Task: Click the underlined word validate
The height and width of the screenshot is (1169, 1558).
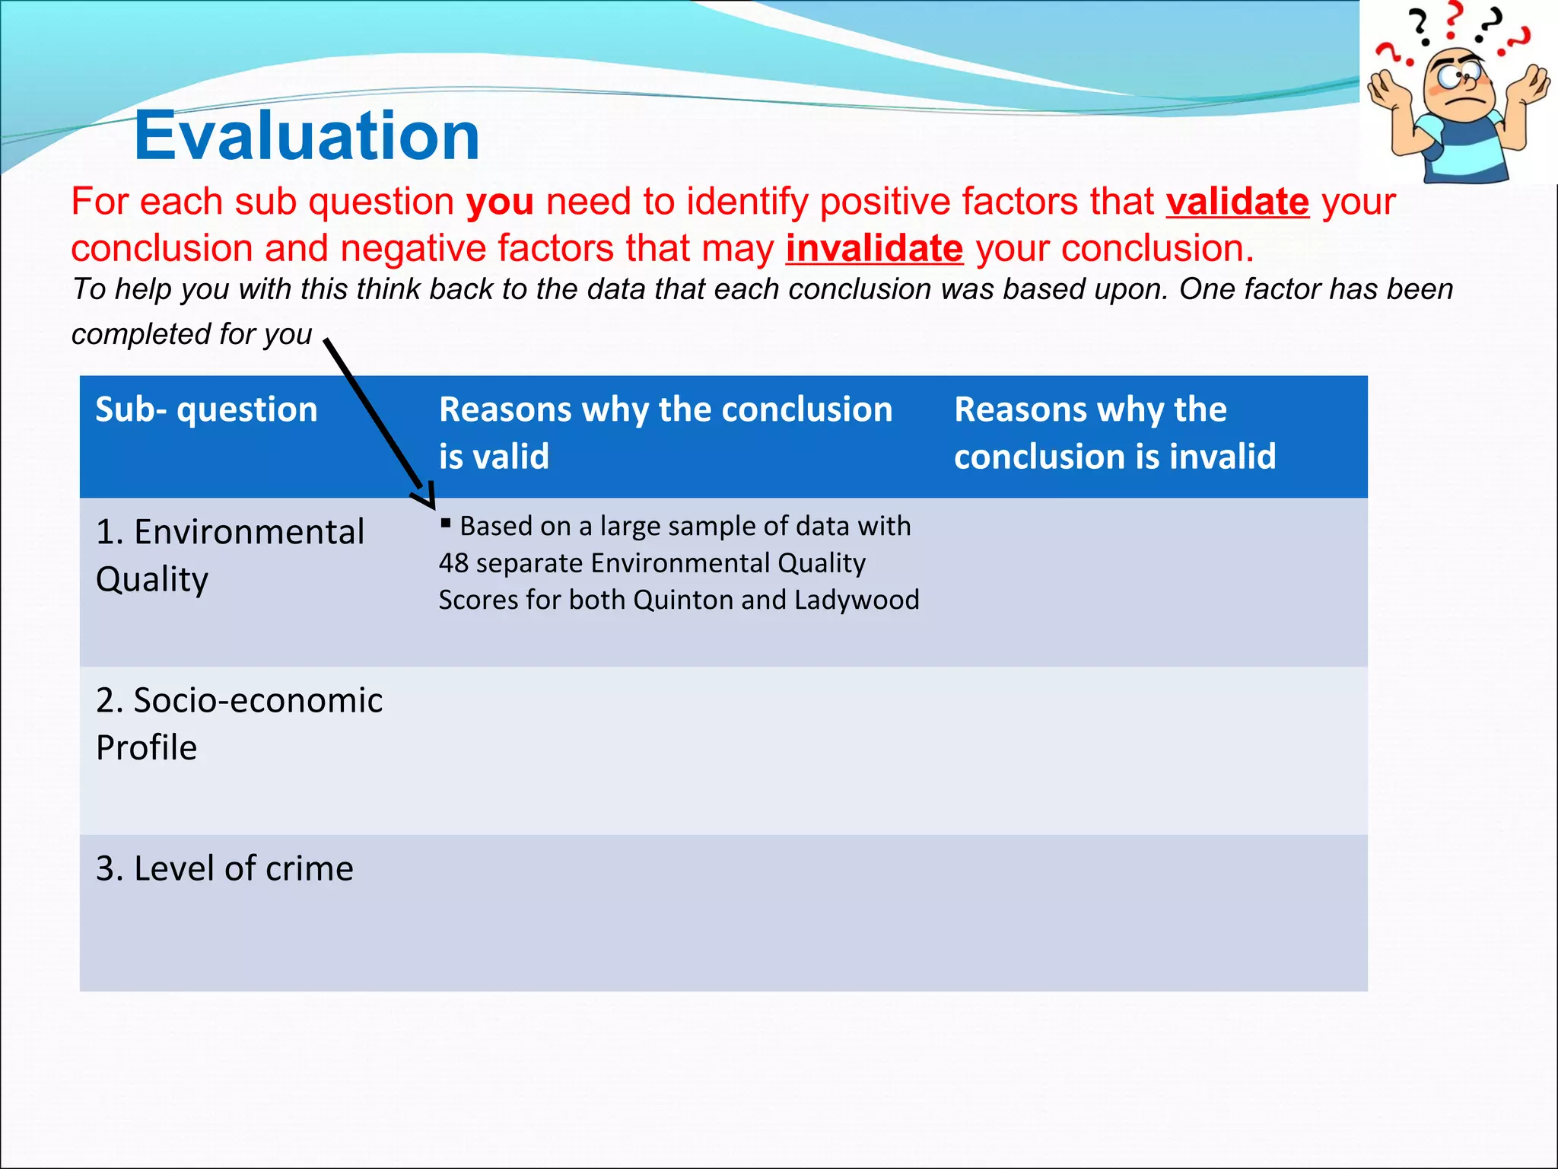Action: point(1237,202)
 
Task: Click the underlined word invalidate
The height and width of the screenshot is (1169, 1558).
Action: point(874,249)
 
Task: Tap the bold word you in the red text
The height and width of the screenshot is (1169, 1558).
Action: point(500,202)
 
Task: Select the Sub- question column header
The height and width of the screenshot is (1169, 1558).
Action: point(206,410)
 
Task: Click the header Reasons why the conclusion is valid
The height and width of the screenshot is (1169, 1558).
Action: point(665,432)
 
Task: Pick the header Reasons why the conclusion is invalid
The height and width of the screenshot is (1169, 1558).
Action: point(1114,432)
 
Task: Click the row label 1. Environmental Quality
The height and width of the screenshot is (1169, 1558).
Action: point(230,555)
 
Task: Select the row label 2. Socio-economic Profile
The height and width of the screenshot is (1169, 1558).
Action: point(239,723)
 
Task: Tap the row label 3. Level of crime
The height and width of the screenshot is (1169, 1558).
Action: point(224,868)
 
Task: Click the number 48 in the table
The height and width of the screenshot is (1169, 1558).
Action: point(453,563)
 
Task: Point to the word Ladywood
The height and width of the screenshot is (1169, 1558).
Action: point(857,600)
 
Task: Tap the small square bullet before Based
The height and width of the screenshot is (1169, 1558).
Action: point(446,523)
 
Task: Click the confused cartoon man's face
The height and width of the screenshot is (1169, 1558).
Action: point(1458,84)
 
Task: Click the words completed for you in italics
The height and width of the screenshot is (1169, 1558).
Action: point(192,334)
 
